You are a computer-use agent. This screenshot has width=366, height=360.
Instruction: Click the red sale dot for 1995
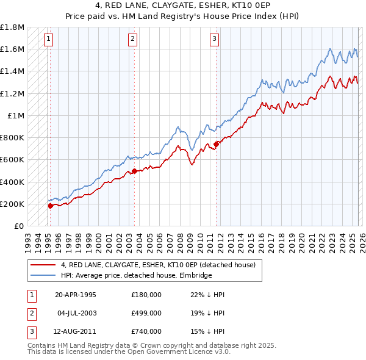tap(51, 206)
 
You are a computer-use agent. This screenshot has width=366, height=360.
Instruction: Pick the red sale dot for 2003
tap(134, 171)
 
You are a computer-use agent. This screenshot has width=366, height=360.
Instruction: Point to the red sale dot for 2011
tap(217, 144)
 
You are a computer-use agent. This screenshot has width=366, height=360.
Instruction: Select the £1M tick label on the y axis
tap(16, 115)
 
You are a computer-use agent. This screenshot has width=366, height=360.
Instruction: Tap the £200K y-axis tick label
tap(12, 204)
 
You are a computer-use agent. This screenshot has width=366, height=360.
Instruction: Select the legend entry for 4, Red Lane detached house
tap(162, 265)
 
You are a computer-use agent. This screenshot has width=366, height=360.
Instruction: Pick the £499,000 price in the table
tap(146, 313)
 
